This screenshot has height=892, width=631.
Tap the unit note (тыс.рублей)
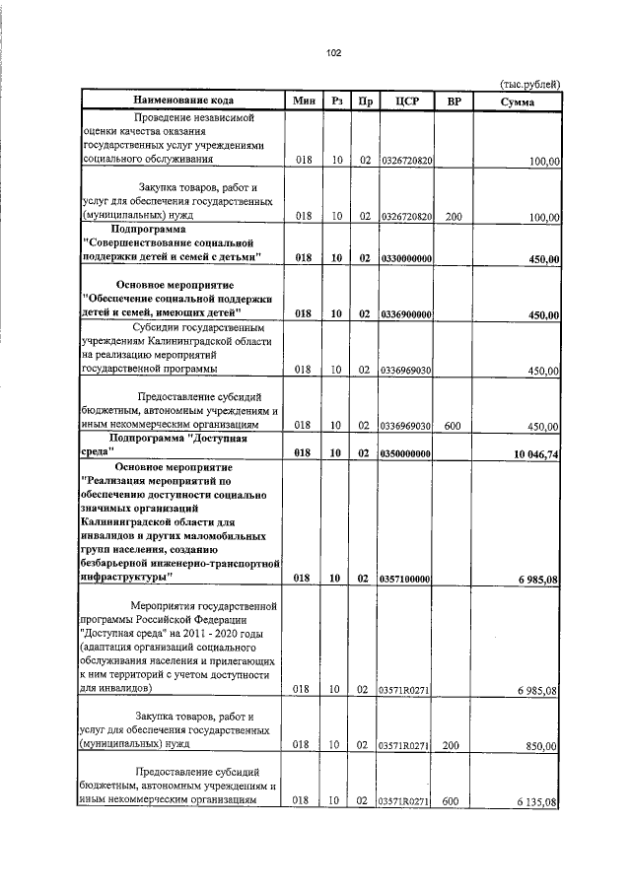(530, 84)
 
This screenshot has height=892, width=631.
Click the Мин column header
(303, 101)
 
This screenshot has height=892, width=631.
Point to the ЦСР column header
(407, 101)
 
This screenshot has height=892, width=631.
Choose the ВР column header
(454, 101)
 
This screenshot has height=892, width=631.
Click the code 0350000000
(407, 452)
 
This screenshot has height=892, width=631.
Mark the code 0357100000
(407, 580)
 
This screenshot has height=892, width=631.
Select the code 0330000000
(407, 258)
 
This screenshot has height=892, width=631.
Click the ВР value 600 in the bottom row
(452, 801)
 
